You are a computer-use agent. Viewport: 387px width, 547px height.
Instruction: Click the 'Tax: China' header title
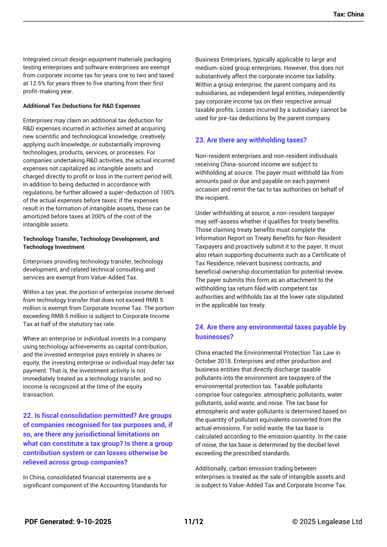click(348, 14)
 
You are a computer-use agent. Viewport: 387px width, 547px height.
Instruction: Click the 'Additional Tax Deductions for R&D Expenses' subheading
click(81, 106)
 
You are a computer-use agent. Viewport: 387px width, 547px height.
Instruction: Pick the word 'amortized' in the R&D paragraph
click(36, 216)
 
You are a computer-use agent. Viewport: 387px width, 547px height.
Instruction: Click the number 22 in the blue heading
click(27, 416)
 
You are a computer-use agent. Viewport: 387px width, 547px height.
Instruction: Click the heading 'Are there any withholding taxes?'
click(256, 140)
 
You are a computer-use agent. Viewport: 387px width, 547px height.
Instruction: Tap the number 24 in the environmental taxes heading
click(200, 327)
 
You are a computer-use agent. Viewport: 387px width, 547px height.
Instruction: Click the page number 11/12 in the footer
click(194, 522)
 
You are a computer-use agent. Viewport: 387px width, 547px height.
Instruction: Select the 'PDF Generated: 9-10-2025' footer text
click(68, 522)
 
